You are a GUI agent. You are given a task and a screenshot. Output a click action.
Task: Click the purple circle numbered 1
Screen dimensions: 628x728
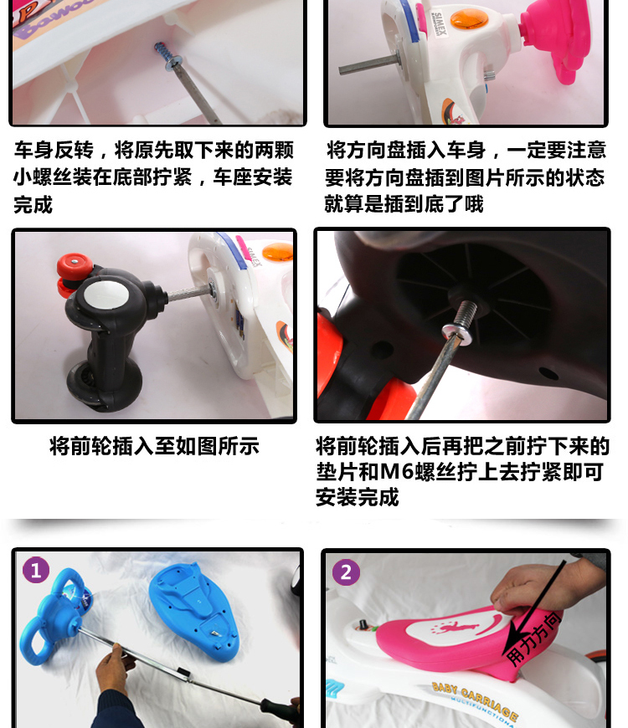pyautogui.click(x=36, y=570)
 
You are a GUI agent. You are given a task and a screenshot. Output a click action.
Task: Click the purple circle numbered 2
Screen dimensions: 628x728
pyautogui.click(x=346, y=572)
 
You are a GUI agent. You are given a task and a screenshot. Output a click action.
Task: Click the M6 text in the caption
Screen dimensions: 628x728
pyautogui.click(x=397, y=472)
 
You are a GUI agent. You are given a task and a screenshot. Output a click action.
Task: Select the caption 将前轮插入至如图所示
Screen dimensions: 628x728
pyautogui.click(x=154, y=446)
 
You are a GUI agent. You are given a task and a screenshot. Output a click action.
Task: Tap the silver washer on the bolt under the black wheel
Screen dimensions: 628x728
pyautogui.click(x=457, y=333)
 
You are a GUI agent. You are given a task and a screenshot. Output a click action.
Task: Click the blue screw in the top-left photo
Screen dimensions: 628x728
pyautogui.click(x=162, y=51)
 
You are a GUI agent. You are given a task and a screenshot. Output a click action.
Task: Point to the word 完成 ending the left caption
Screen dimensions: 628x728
pyautogui.click(x=33, y=205)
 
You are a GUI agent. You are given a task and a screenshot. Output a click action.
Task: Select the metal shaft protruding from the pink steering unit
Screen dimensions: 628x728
pyautogui.click(x=368, y=65)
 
